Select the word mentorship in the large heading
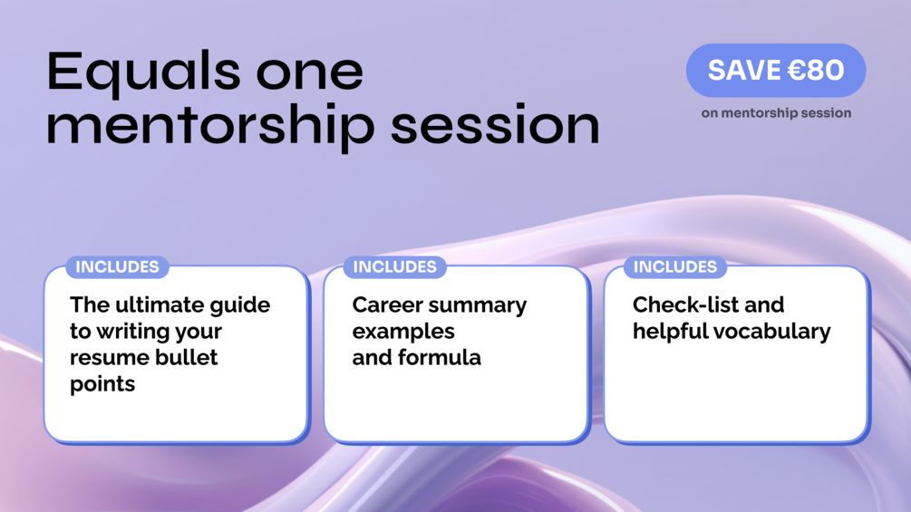click(x=210, y=125)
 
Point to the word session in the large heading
click(x=495, y=125)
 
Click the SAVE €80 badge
click(x=776, y=71)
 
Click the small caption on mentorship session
click(x=776, y=113)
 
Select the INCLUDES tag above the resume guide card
click(x=117, y=267)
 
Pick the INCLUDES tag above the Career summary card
click(x=395, y=267)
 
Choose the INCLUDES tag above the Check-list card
click(x=675, y=267)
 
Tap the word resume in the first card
click(x=103, y=358)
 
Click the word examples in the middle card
click(x=403, y=332)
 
